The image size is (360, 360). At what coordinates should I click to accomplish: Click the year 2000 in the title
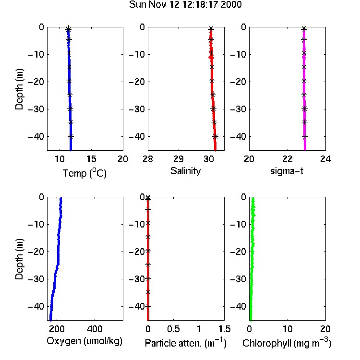[231, 5]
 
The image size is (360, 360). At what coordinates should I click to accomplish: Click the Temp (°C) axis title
[84, 173]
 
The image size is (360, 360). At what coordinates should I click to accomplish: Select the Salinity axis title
[185, 171]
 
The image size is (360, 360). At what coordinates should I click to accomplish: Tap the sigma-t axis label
[287, 171]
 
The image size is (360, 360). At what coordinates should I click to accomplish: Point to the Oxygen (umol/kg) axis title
[84, 341]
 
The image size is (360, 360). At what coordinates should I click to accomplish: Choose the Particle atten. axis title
[185, 343]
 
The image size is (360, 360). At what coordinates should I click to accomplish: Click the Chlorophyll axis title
[287, 343]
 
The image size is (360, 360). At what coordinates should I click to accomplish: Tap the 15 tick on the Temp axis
[91, 159]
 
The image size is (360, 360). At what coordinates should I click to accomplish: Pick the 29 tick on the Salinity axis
[179, 159]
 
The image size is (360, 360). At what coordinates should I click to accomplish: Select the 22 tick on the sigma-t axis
[288, 159]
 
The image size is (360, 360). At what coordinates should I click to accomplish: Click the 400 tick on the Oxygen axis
[95, 329]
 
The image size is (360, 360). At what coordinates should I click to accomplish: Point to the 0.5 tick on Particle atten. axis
[173, 329]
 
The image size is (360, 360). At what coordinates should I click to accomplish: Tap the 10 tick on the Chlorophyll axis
[288, 329]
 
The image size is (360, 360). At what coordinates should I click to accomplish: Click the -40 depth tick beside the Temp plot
[36, 137]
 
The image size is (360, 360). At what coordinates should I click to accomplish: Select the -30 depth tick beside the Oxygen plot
[36, 279]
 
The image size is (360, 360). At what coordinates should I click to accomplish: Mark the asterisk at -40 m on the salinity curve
[215, 137]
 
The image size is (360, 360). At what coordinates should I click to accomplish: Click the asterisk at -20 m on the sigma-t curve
[304, 81]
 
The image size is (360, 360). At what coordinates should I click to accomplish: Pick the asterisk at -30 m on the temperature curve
[70, 108]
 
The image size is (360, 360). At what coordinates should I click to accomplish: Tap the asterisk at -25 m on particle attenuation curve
[148, 264]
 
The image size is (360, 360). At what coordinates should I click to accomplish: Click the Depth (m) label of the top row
[19, 89]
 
